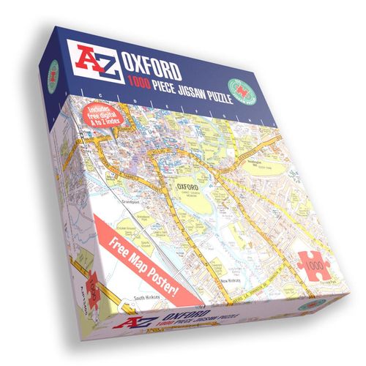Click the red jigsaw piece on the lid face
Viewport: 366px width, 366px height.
pyautogui.click(x=313, y=265)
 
